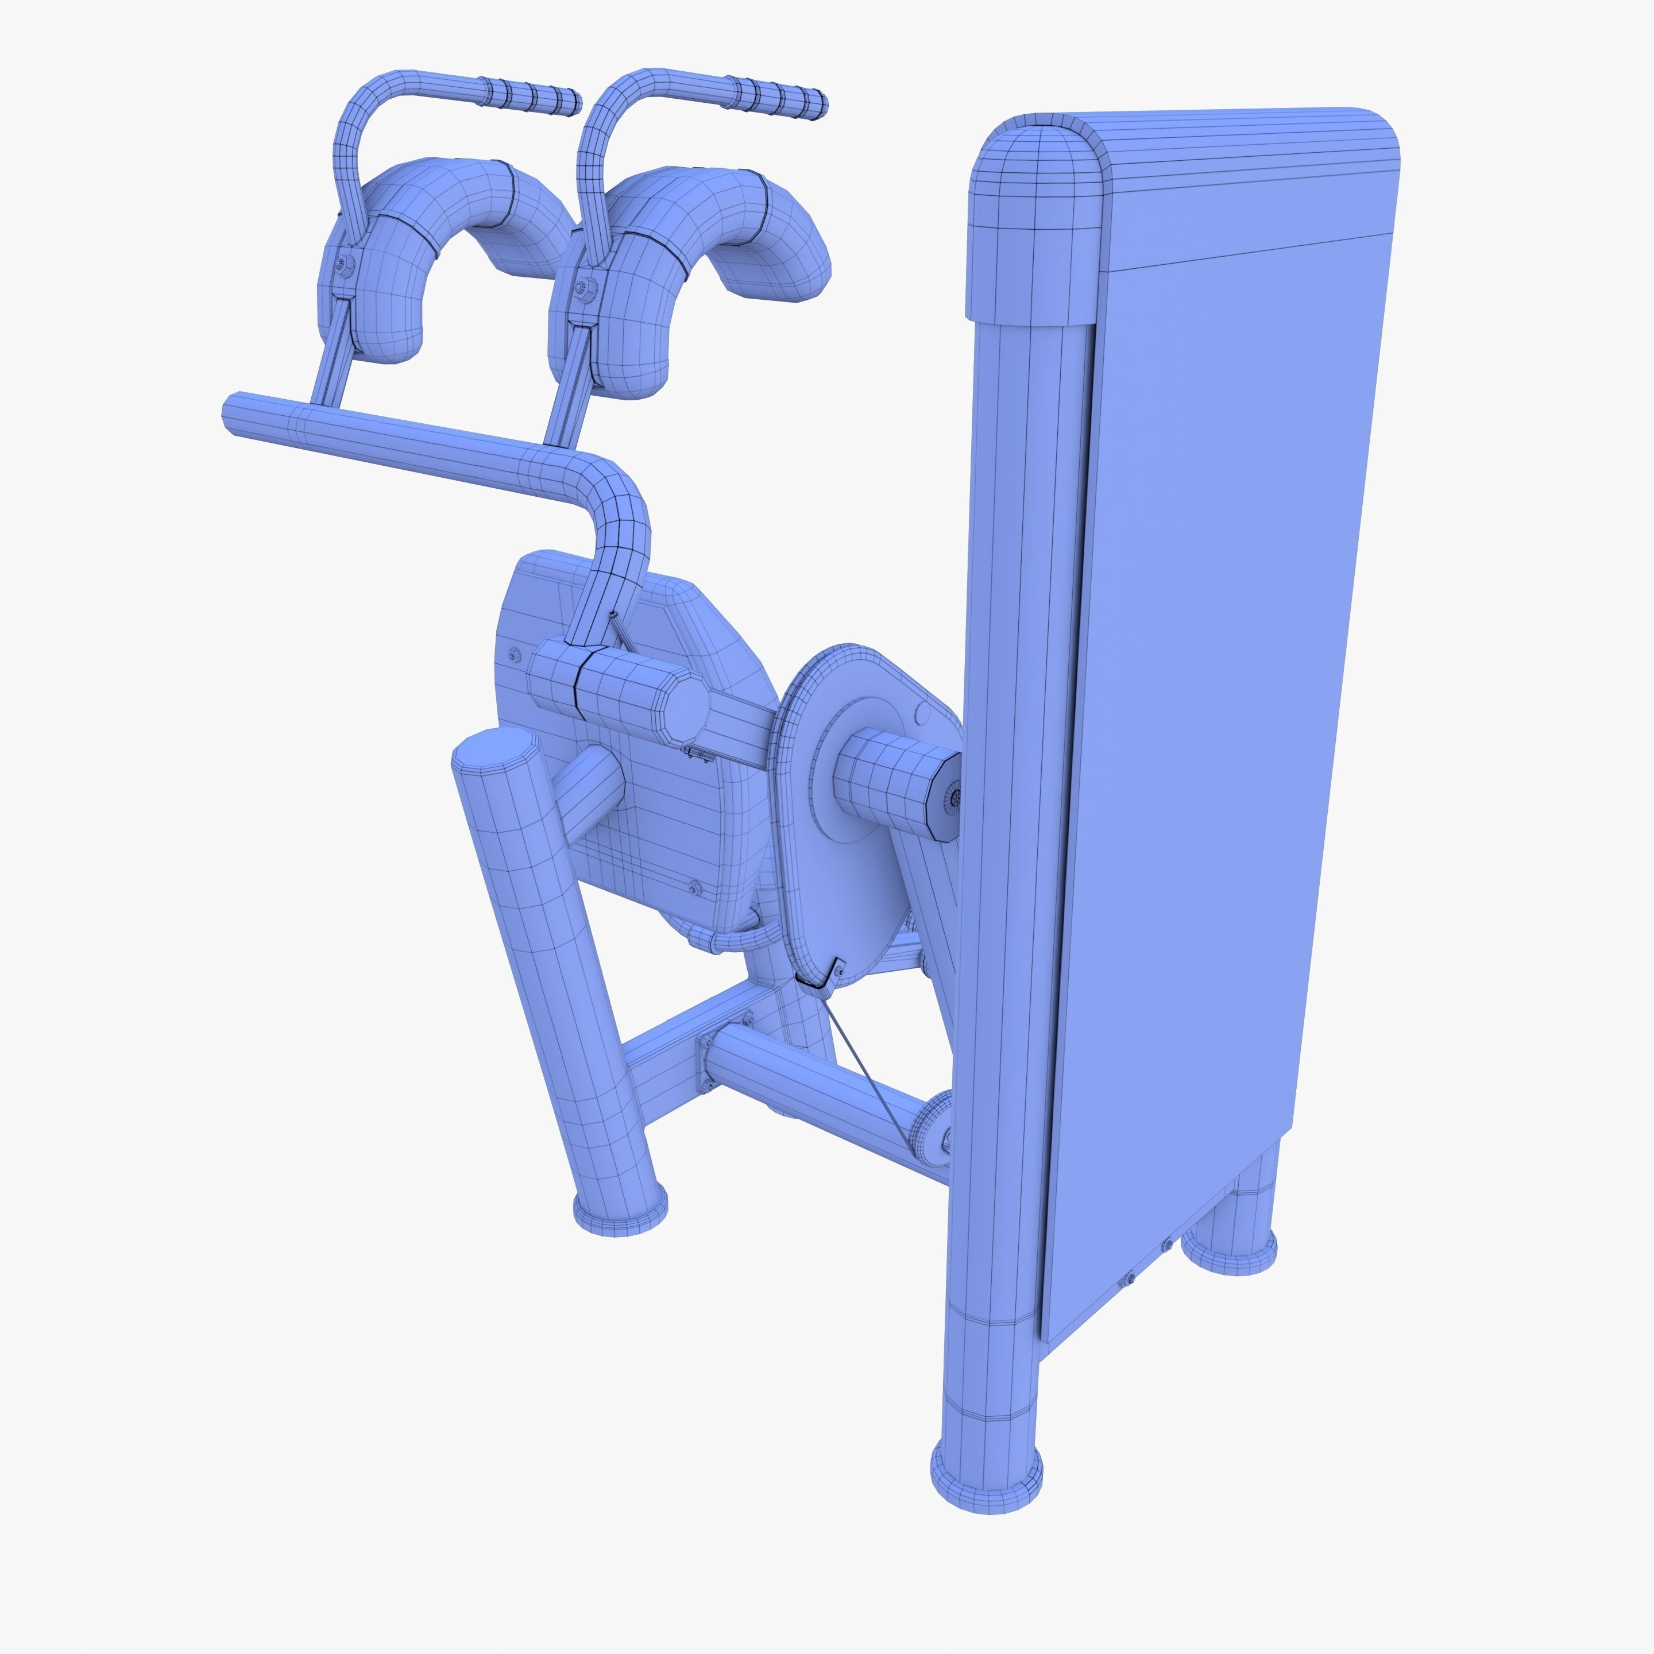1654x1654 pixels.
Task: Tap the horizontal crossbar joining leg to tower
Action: click(813, 1079)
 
